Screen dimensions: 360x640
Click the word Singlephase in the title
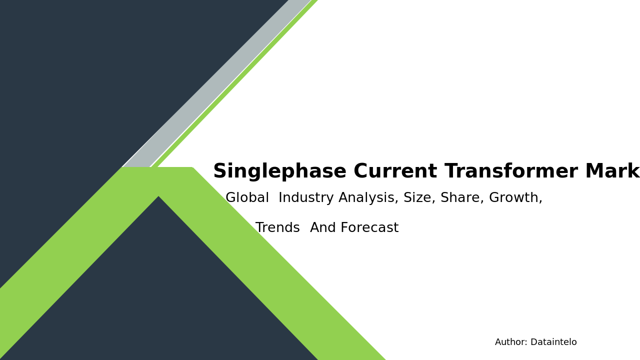[x=279, y=172]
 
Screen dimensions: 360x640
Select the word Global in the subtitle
[x=247, y=198]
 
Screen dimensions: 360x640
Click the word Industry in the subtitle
[x=306, y=198]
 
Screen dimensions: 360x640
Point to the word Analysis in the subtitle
[x=368, y=198]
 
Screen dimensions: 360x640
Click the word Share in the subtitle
[x=462, y=198]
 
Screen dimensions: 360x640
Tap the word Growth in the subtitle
[x=515, y=198]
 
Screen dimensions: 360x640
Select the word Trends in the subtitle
[x=277, y=228]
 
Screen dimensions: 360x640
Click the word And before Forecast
[x=324, y=228]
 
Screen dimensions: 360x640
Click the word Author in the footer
[x=510, y=342]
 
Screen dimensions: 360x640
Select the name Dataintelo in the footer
[x=553, y=342]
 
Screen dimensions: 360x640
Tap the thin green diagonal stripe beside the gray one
[x=235, y=85]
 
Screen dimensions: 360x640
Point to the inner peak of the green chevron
[x=158, y=197]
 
